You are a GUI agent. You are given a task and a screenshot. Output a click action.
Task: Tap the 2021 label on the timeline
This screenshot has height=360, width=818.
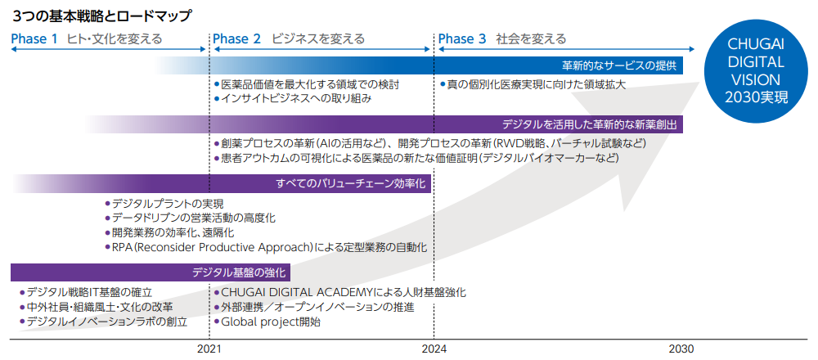[x=209, y=349]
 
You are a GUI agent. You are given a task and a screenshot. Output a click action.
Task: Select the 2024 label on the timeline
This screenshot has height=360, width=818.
[x=434, y=349]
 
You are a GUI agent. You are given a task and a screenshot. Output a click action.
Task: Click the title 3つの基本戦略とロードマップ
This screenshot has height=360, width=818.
[x=102, y=15]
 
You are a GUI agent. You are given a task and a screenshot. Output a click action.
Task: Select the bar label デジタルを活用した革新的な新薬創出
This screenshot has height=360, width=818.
[x=588, y=124]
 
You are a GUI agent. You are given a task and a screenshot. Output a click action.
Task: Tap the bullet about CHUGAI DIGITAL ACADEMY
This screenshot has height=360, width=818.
[x=343, y=292]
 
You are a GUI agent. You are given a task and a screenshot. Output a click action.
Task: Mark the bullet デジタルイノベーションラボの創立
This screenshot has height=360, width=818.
[x=106, y=322]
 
